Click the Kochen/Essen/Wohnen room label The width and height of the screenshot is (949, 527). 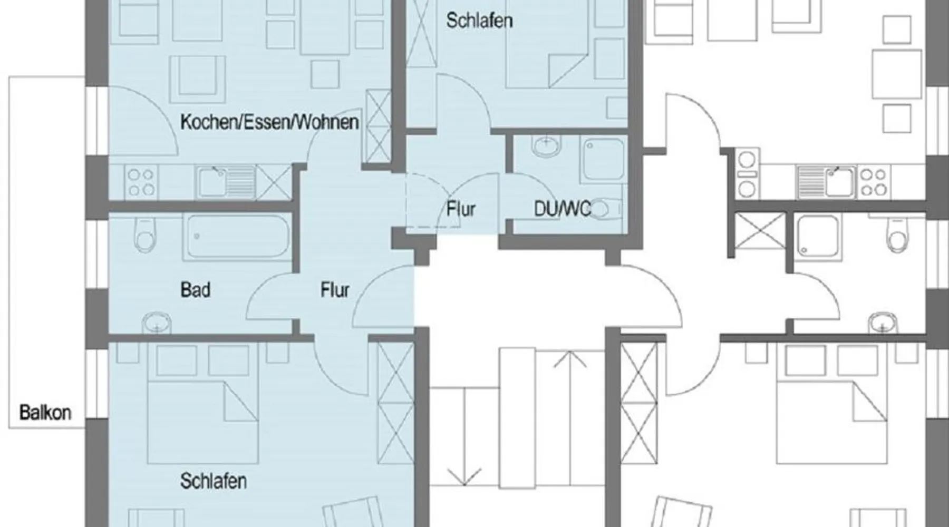coord(269,122)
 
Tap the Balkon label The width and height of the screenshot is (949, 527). coord(45,412)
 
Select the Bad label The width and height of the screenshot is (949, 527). coord(196,290)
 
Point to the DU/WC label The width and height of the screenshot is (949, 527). coord(563,209)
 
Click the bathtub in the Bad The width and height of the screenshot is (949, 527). coord(237,236)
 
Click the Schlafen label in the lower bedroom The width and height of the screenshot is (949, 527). coord(214,481)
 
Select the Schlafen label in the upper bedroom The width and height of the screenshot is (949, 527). coord(479,21)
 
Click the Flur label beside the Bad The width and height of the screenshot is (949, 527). coord(335,290)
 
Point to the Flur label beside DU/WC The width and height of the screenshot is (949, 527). coord(461,209)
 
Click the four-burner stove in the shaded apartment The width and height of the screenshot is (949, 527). coord(141,182)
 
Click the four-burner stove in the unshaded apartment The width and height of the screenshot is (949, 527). coord(874,182)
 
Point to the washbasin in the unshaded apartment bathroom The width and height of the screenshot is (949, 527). coord(884,322)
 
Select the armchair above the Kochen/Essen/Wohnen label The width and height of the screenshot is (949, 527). coord(198,79)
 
